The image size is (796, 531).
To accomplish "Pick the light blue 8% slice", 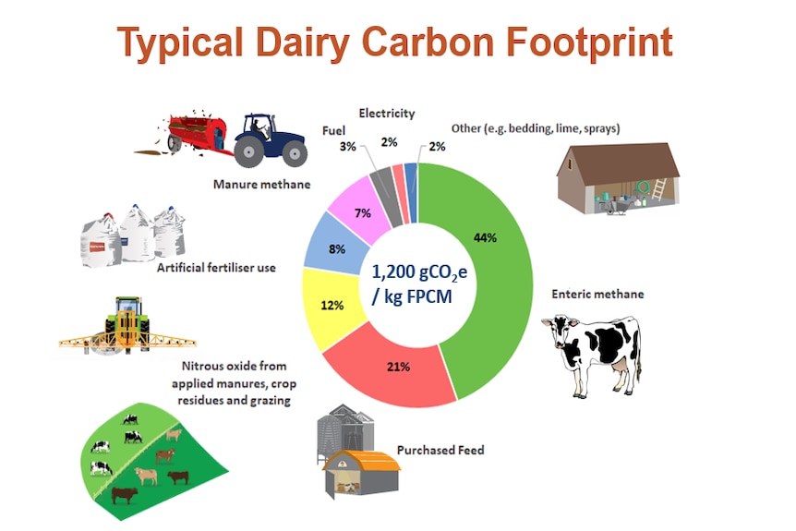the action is [x=335, y=244].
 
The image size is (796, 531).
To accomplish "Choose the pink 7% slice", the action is [x=360, y=209].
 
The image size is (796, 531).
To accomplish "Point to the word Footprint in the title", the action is [x=589, y=43].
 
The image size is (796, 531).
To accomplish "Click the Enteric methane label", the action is [x=597, y=294].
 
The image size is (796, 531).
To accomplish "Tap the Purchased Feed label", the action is [x=440, y=450].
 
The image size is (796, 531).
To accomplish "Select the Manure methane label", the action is [x=261, y=185].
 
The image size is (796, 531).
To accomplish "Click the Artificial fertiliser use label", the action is [x=216, y=268].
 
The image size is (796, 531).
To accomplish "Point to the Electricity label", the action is [x=387, y=114].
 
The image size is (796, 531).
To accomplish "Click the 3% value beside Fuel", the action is [x=347, y=146].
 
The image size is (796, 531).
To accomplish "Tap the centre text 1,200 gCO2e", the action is [x=419, y=272].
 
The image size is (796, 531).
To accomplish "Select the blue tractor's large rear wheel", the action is [x=248, y=151].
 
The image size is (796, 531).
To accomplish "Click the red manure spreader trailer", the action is [x=197, y=132].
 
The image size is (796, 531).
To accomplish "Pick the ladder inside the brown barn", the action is [x=658, y=189].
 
